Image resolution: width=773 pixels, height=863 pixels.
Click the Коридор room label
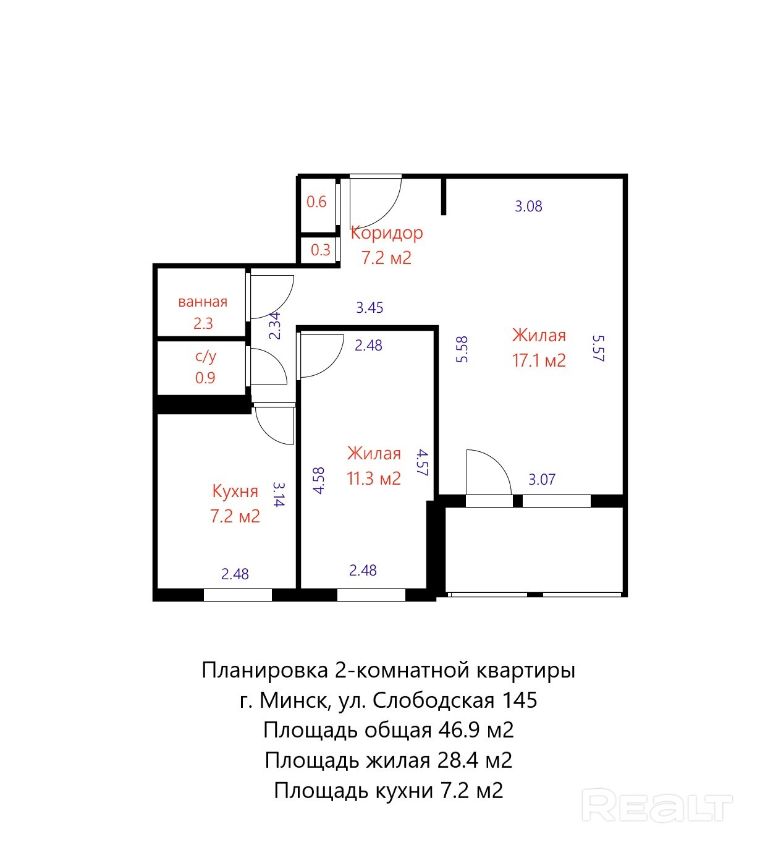(387, 234)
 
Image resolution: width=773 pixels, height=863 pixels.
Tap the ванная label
(203, 302)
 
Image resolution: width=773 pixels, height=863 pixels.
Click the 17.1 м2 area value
(539, 361)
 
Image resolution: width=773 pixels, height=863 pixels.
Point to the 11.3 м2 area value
(373, 478)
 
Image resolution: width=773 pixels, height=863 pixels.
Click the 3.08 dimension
(528, 206)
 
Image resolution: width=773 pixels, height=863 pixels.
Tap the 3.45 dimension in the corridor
(370, 307)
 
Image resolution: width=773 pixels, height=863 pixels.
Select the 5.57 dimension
(599, 348)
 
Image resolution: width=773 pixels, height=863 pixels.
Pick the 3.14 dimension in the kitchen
(279, 494)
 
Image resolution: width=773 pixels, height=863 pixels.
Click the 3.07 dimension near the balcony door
(542, 480)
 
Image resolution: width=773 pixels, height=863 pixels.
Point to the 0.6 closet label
(316, 202)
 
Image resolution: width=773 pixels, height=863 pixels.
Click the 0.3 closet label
(320, 250)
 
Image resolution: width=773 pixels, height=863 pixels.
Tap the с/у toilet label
(206, 356)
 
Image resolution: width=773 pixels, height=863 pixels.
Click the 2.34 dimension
(275, 325)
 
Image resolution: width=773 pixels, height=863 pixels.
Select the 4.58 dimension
(319, 480)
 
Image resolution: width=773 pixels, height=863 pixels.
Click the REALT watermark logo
(657, 805)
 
